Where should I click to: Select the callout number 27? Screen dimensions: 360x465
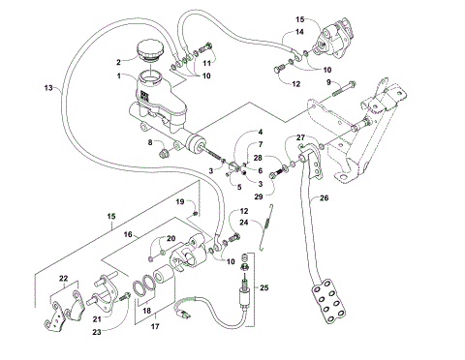[x=301, y=137]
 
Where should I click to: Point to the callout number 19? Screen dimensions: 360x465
[x=180, y=201]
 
